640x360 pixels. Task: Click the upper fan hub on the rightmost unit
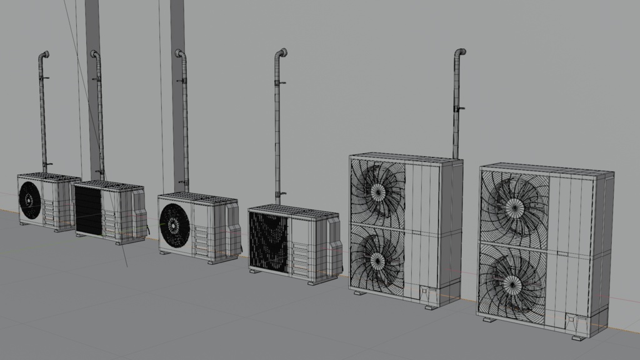(x=514, y=206)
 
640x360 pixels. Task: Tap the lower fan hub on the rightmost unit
(x=513, y=286)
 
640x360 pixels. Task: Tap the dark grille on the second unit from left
(x=87, y=209)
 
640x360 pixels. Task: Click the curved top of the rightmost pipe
(x=461, y=52)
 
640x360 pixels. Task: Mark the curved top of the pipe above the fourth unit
(x=282, y=52)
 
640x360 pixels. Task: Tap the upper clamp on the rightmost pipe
(x=458, y=109)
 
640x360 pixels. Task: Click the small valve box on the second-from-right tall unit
(x=427, y=292)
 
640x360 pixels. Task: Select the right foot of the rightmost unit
(x=580, y=337)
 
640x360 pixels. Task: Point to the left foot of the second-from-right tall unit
(x=361, y=292)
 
